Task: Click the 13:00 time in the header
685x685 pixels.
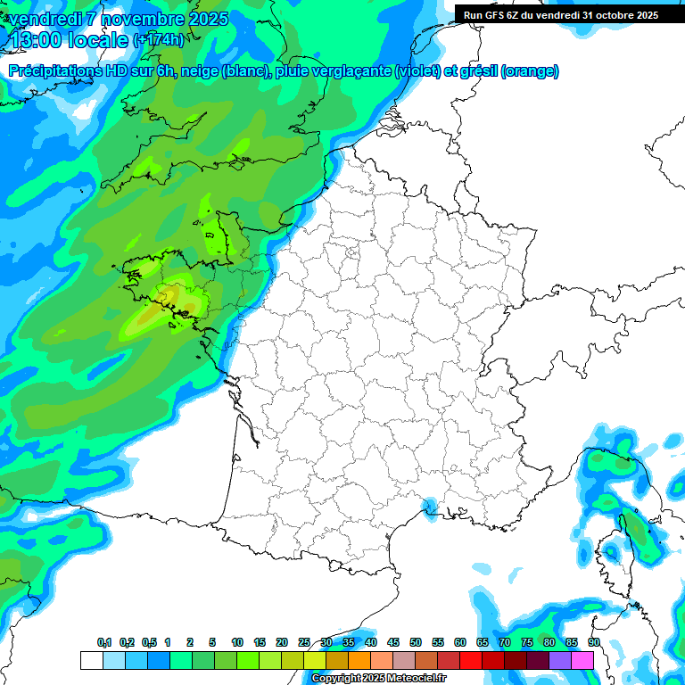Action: (37, 39)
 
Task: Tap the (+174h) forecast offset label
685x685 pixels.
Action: (159, 40)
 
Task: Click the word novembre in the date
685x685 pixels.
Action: (136, 19)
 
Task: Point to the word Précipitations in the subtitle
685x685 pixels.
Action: (53, 71)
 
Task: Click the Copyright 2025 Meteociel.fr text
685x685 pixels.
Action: (378, 679)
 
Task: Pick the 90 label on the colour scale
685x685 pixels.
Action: (593, 642)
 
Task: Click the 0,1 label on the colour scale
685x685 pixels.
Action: (103, 642)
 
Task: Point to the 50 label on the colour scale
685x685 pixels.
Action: (416, 642)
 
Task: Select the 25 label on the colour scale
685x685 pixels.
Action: (304, 642)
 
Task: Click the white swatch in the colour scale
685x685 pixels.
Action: (91, 660)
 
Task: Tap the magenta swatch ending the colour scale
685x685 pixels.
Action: (582, 660)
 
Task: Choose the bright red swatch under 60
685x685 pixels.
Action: (471, 660)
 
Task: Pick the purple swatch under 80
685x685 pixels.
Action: (560, 660)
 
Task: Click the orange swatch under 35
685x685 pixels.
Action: (359, 660)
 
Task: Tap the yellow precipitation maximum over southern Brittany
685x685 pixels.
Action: (168, 296)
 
